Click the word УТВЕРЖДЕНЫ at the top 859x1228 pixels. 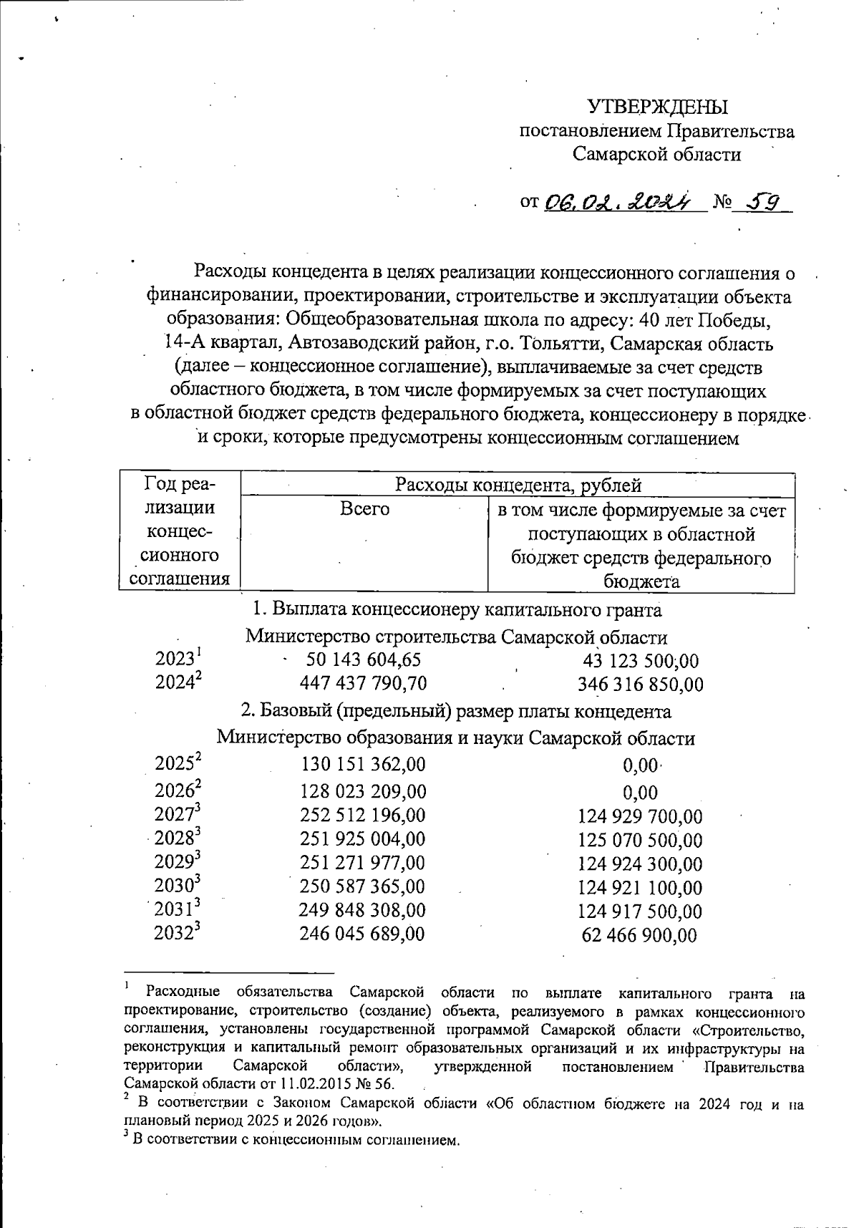tap(657, 107)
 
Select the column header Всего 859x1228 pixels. tap(364, 509)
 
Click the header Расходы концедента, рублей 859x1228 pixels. tap(518, 485)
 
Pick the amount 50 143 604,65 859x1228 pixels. tap(363, 659)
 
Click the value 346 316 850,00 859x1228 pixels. tap(640, 685)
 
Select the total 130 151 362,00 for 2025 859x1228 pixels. tap(363, 764)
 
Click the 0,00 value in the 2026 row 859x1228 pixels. tap(640, 793)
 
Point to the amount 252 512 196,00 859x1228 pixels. tap(363, 815)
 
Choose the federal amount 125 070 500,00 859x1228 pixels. tap(640, 840)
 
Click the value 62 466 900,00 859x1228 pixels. tap(640, 935)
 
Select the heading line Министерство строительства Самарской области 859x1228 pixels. tap(456, 637)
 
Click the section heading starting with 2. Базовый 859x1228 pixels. tap(456, 712)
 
